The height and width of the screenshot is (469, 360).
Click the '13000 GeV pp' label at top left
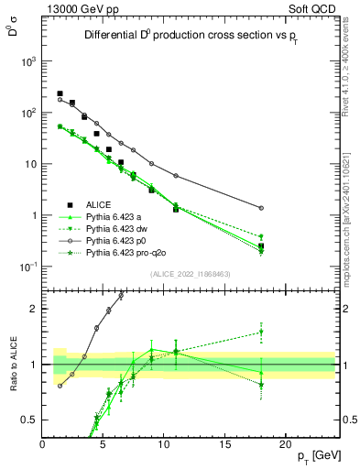pos(82,8)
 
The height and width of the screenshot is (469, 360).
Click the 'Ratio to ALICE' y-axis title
pos(14,365)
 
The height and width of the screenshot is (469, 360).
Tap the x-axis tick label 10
pos(164,444)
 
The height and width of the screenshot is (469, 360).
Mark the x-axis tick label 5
pos(104,444)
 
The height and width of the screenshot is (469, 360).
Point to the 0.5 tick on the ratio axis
pos(33,420)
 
